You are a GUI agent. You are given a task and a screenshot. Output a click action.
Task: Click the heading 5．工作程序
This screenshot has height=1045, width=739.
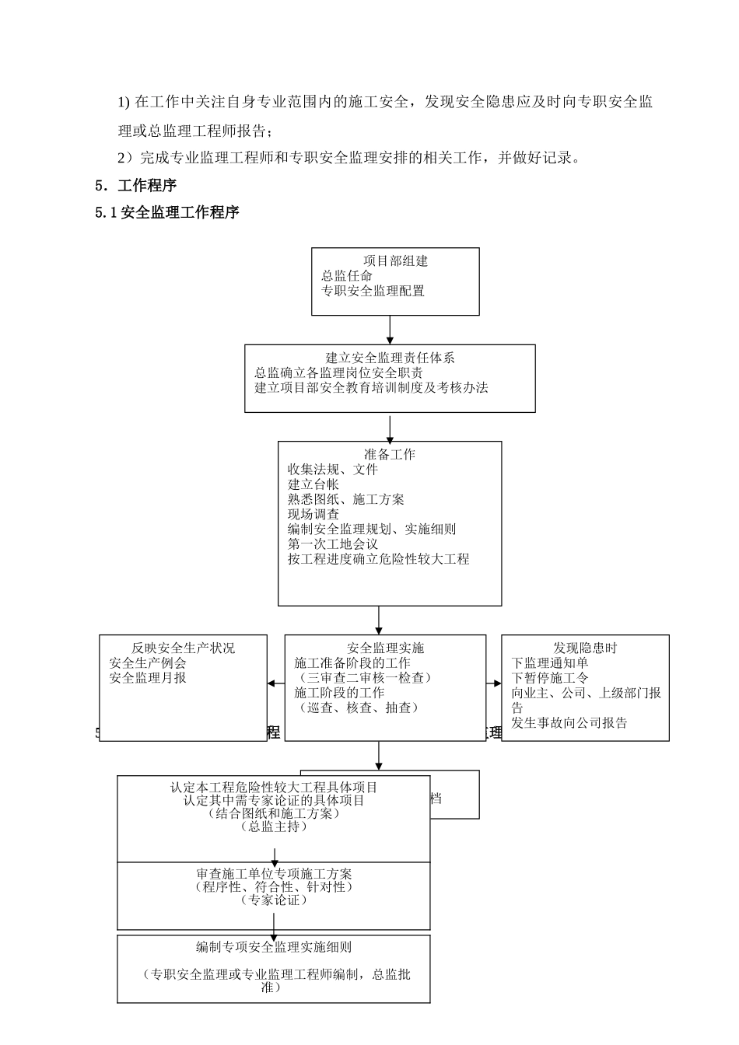[135, 186]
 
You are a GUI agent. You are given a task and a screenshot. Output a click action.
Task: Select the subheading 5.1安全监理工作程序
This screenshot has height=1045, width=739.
[166, 212]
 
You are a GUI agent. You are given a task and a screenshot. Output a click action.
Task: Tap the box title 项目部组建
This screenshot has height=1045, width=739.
[395, 261]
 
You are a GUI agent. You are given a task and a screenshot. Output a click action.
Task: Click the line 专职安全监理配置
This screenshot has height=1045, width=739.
[373, 291]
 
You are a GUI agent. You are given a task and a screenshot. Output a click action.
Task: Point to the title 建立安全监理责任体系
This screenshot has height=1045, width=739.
[390, 358]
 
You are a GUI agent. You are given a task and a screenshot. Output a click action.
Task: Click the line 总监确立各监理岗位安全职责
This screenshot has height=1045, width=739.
[338, 372]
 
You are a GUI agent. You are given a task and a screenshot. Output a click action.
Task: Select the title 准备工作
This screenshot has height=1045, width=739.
[390, 455]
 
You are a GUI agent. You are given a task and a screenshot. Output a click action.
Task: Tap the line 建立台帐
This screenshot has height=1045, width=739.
[313, 484]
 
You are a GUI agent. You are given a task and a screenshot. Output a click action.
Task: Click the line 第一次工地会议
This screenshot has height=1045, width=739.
[332, 543]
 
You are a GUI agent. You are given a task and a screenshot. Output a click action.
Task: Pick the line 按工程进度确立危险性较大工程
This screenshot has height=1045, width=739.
[378, 558]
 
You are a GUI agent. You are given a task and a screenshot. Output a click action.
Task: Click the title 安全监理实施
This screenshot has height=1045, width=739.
[385, 648]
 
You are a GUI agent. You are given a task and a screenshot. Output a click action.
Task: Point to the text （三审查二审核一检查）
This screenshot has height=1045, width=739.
[362, 678]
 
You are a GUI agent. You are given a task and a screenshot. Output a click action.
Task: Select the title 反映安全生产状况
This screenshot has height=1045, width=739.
[183, 648]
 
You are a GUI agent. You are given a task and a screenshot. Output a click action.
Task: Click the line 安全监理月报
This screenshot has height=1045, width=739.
[148, 678]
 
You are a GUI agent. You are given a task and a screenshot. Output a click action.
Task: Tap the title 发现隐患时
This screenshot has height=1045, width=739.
[585, 648]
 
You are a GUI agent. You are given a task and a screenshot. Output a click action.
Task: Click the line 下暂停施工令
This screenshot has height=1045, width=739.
[549, 678]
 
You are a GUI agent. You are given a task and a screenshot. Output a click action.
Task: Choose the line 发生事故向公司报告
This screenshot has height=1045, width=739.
[569, 723]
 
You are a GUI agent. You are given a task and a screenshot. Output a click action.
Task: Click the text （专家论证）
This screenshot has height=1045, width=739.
[274, 900]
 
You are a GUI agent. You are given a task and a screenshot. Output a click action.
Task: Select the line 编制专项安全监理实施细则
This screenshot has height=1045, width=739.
[274, 948]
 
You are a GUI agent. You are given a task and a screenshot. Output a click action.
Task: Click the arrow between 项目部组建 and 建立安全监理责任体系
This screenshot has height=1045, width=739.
[390, 330]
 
